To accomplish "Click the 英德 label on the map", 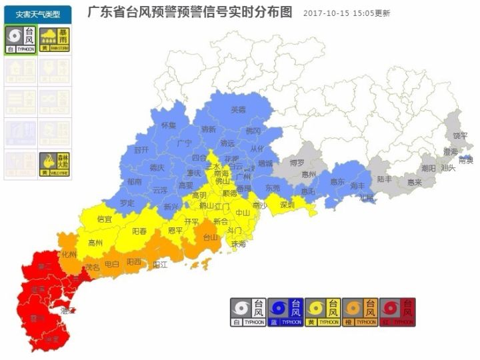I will tap(238, 109).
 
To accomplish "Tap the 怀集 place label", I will tap(169, 125).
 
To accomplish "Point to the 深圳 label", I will tap(287, 204).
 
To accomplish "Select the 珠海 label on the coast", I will tap(238, 244).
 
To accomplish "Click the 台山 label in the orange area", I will tap(210, 236).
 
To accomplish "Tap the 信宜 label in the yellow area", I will tap(105, 218).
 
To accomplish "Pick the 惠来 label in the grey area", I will tap(415, 181).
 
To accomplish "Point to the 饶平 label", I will tap(460, 136).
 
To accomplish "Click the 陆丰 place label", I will tap(385, 179).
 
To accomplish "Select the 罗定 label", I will tap(127, 202).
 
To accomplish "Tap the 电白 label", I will tap(111, 265).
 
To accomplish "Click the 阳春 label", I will tap(139, 231).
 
